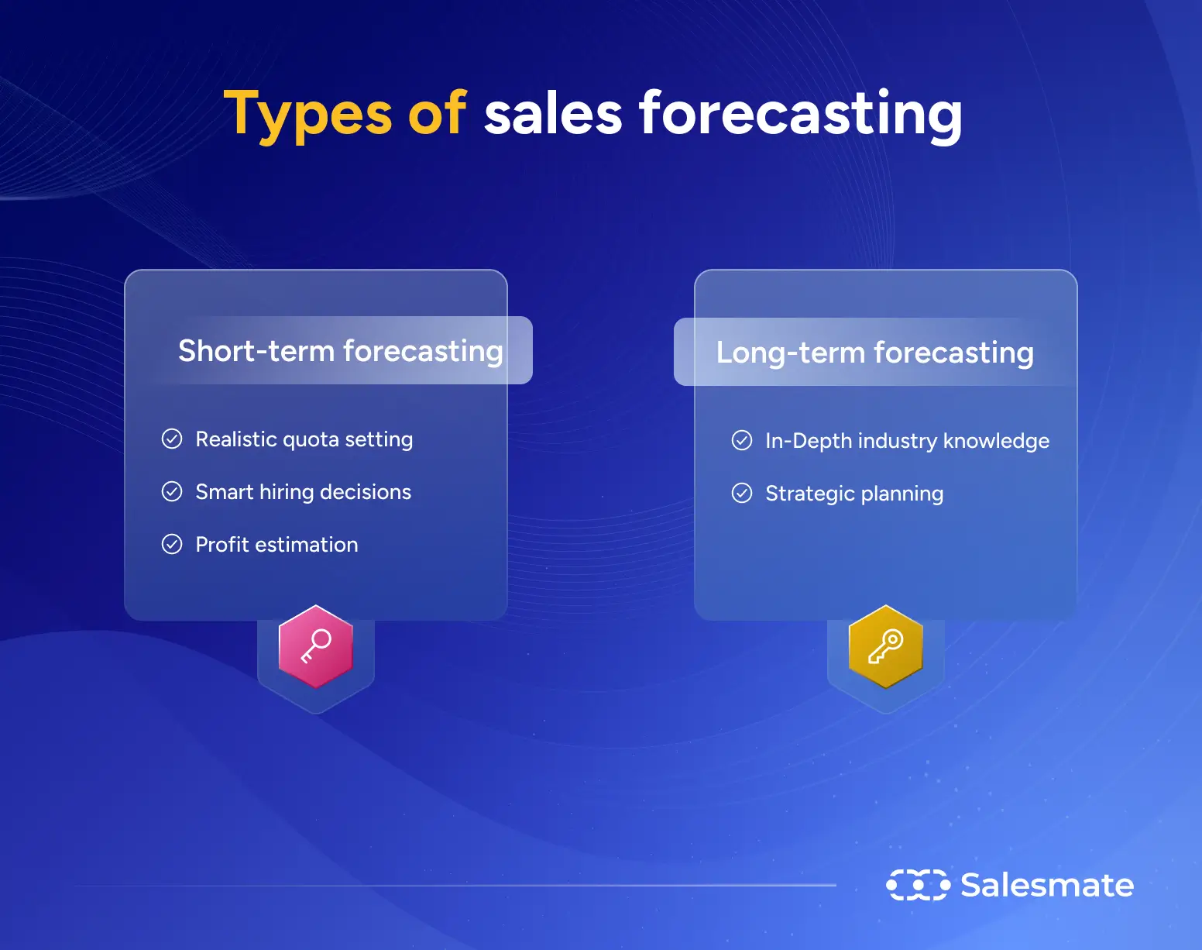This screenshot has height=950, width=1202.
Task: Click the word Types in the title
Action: (307, 115)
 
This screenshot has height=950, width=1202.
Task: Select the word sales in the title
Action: (553, 115)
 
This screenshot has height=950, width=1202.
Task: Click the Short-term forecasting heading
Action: (341, 351)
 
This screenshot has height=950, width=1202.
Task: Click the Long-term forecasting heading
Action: (874, 353)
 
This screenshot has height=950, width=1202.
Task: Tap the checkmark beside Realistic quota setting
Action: (172, 439)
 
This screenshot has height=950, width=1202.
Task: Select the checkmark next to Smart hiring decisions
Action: (172, 492)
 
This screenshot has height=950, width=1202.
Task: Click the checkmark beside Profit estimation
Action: (172, 545)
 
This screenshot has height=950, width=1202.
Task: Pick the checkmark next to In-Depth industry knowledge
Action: (742, 441)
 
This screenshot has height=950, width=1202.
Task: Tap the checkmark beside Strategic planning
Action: (742, 494)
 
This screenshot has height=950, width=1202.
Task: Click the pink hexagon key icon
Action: (316, 646)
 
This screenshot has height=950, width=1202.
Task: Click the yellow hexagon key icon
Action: (886, 646)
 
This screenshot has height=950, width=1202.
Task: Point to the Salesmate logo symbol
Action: (918, 885)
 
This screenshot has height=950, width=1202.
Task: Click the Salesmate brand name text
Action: (1047, 885)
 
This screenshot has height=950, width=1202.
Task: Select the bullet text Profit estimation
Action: (276, 545)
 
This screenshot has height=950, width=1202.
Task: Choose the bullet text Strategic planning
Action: (854, 494)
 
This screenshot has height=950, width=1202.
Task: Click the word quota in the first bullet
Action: (311, 440)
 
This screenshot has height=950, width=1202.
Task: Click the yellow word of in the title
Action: (437, 115)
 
